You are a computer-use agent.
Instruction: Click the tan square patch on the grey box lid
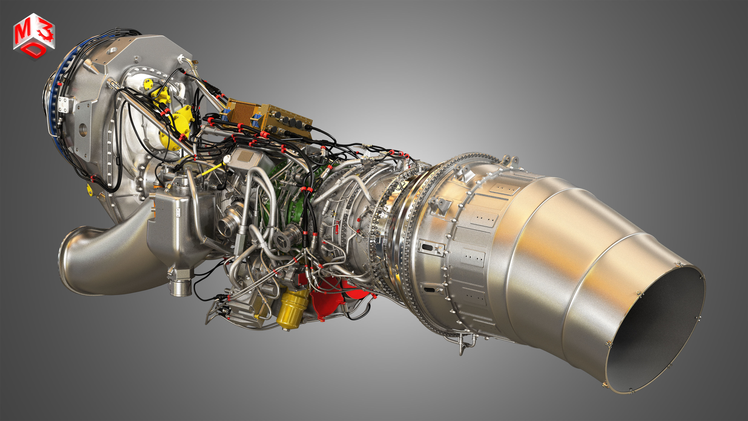tap(245, 157)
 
